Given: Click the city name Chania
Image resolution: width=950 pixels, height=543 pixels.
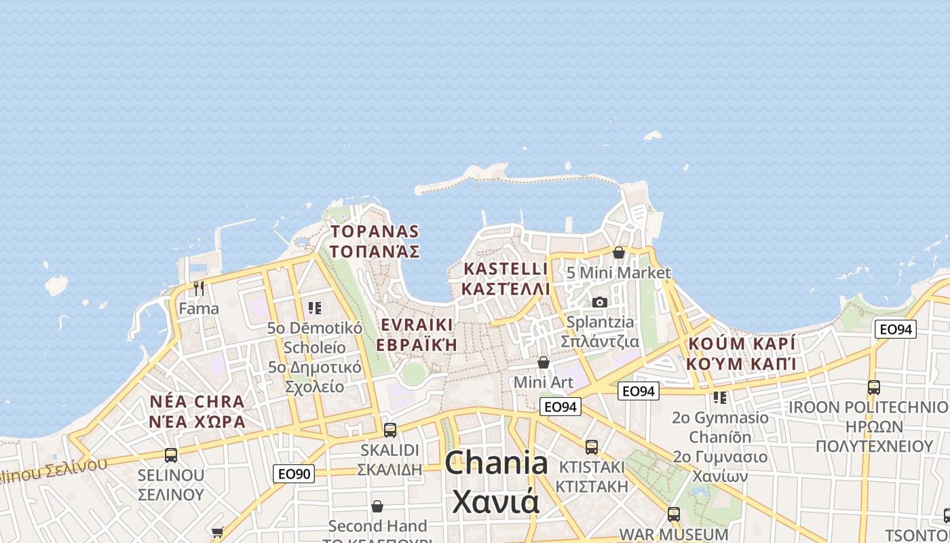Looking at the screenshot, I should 496,464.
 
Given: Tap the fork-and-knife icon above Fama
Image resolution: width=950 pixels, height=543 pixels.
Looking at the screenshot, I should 199,288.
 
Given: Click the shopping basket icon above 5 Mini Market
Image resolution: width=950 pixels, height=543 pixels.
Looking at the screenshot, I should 619,252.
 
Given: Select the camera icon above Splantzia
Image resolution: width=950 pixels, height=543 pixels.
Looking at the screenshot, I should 600,302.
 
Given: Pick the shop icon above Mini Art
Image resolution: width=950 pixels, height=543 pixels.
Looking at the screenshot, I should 544,362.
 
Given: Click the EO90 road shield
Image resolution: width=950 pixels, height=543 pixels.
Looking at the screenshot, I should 294,473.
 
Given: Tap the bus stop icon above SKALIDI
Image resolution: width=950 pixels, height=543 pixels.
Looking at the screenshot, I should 389,430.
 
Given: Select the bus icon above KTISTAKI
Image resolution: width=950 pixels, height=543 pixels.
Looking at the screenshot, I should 592,447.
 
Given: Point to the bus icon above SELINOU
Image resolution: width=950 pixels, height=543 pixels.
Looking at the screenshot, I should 171,455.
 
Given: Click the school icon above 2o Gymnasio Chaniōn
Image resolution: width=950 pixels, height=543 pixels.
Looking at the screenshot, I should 720,397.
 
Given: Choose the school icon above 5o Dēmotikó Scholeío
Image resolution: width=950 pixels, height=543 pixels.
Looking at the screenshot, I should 314,308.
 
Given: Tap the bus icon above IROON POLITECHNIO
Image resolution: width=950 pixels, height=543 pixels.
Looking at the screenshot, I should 874,388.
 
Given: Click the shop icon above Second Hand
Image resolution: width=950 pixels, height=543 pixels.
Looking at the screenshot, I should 377,506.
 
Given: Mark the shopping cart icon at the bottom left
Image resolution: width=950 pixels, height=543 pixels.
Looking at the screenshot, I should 217,532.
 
